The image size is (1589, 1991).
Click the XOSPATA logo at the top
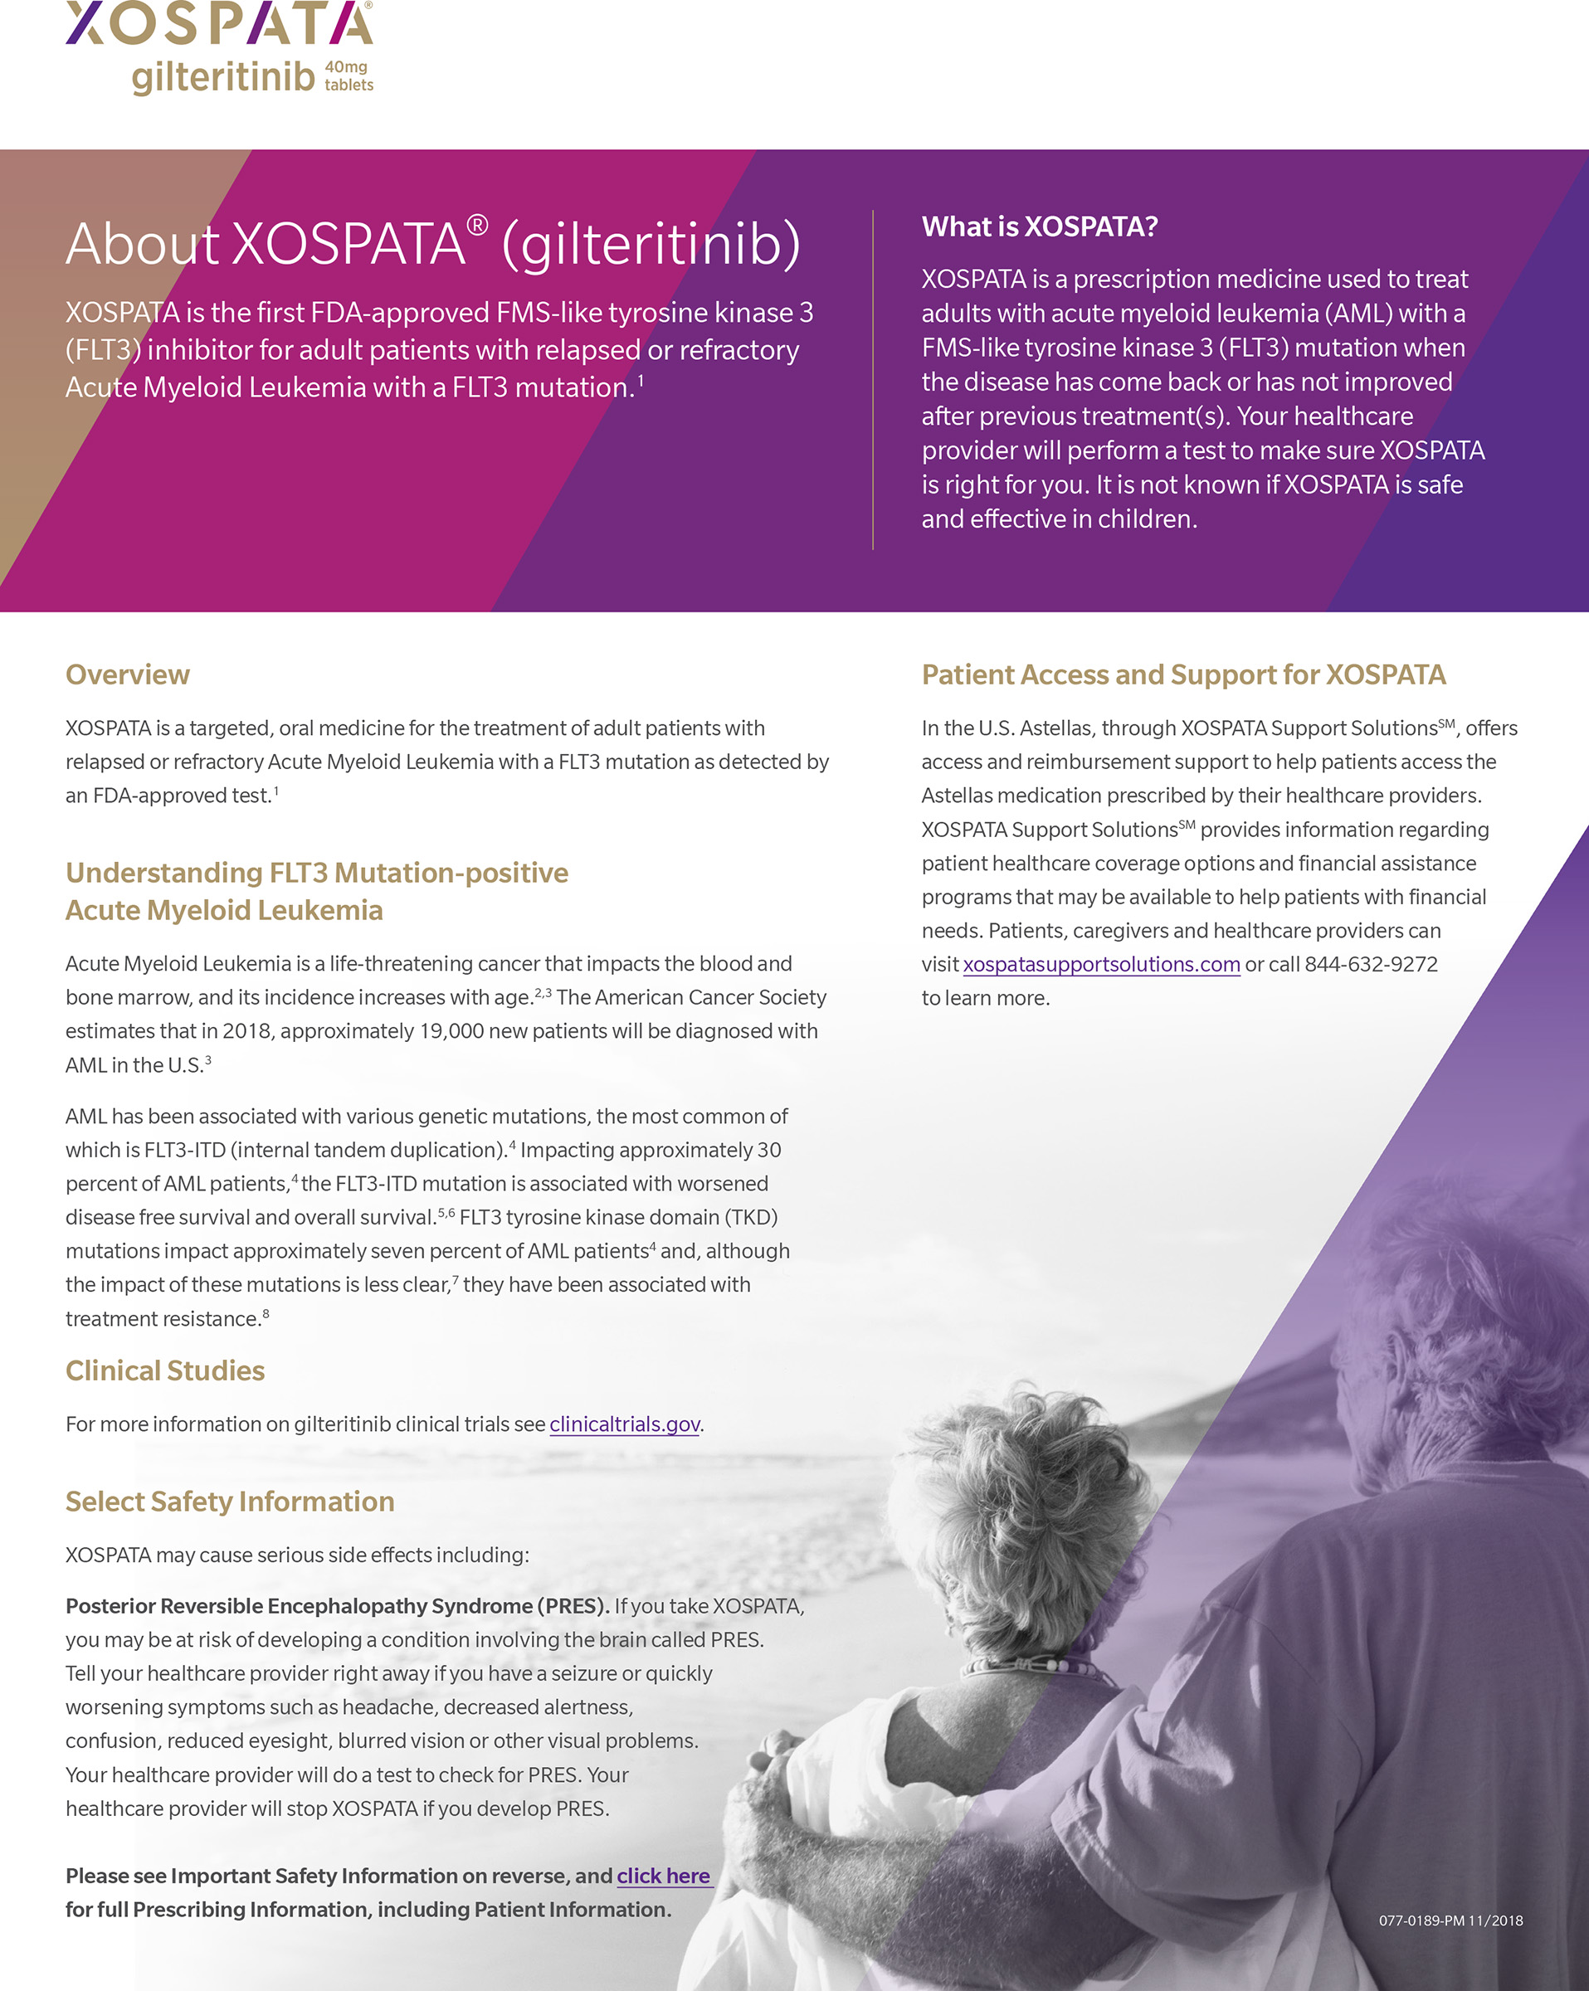[x=219, y=23]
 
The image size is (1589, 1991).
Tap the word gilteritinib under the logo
[x=223, y=76]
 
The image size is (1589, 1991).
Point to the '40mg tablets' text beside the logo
[x=349, y=75]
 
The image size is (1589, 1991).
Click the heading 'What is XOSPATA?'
[x=1040, y=226]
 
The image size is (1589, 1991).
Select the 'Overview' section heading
[x=128, y=675]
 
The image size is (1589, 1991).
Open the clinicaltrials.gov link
[x=625, y=1424]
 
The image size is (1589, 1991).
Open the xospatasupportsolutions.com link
[x=1101, y=964]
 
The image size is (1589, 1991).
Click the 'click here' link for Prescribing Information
[x=663, y=1876]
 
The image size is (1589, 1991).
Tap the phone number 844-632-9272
[x=1371, y=964]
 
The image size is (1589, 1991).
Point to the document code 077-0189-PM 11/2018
[x=1450, y=1920]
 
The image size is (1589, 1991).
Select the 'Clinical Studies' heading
[x=164, y=1370]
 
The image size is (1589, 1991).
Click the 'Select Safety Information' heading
[x=229, y=1502]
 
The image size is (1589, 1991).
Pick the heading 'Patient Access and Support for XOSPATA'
[x=1183, y=675]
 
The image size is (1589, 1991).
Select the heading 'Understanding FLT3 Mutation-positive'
[x=317, y=873]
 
